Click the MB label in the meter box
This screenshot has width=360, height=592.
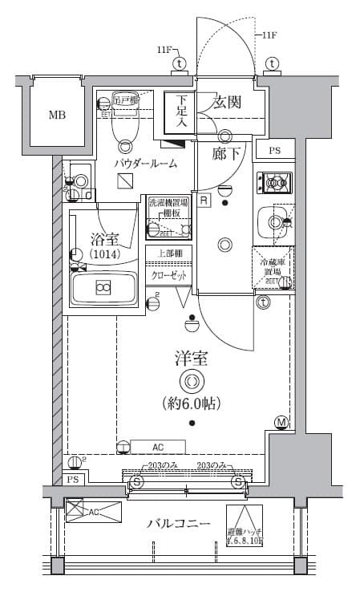(x=57, y=115)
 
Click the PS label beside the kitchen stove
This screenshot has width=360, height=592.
(x=275, y=151)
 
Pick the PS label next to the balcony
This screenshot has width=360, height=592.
(x=73, y=480)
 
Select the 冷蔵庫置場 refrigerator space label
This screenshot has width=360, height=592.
(x=273, y=267)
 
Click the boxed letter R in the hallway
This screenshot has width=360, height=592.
(x=204, y=201)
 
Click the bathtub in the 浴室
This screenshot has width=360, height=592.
(x=103, y=287)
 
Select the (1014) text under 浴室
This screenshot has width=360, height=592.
(x=103, y=254)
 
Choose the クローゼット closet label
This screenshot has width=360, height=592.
(x=168, y=275)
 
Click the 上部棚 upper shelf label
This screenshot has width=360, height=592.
(x=168, y=253)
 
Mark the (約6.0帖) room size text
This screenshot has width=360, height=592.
(x=191, y=402)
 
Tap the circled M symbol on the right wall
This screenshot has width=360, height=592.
(x=281, y=422)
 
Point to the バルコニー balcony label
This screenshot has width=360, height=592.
(x=179, y=524)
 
